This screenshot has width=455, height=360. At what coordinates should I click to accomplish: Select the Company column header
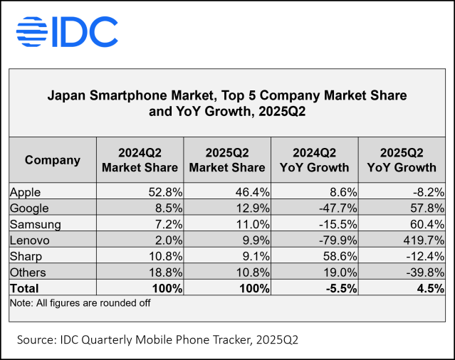52,160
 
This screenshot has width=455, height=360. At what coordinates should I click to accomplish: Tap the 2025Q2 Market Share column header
226,160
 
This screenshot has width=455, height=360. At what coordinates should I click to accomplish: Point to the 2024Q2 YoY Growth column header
314,160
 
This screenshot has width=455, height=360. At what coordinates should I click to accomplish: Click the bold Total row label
25,288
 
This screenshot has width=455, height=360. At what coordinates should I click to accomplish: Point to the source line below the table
157,341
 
